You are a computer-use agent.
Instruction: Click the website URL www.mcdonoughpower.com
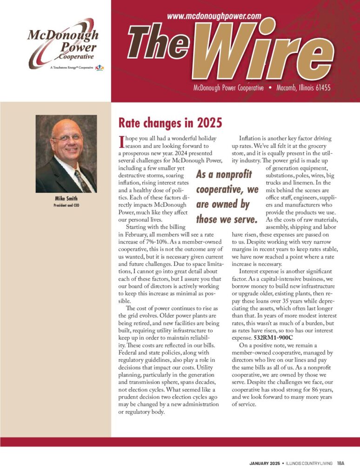(213, 16)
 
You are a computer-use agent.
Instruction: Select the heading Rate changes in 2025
(170, 123)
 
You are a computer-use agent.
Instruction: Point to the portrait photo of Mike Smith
(66, 154)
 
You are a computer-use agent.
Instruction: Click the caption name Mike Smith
(66, 199)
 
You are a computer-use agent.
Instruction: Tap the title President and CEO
(66, 205)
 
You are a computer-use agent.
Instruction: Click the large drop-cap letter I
(122, 141)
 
